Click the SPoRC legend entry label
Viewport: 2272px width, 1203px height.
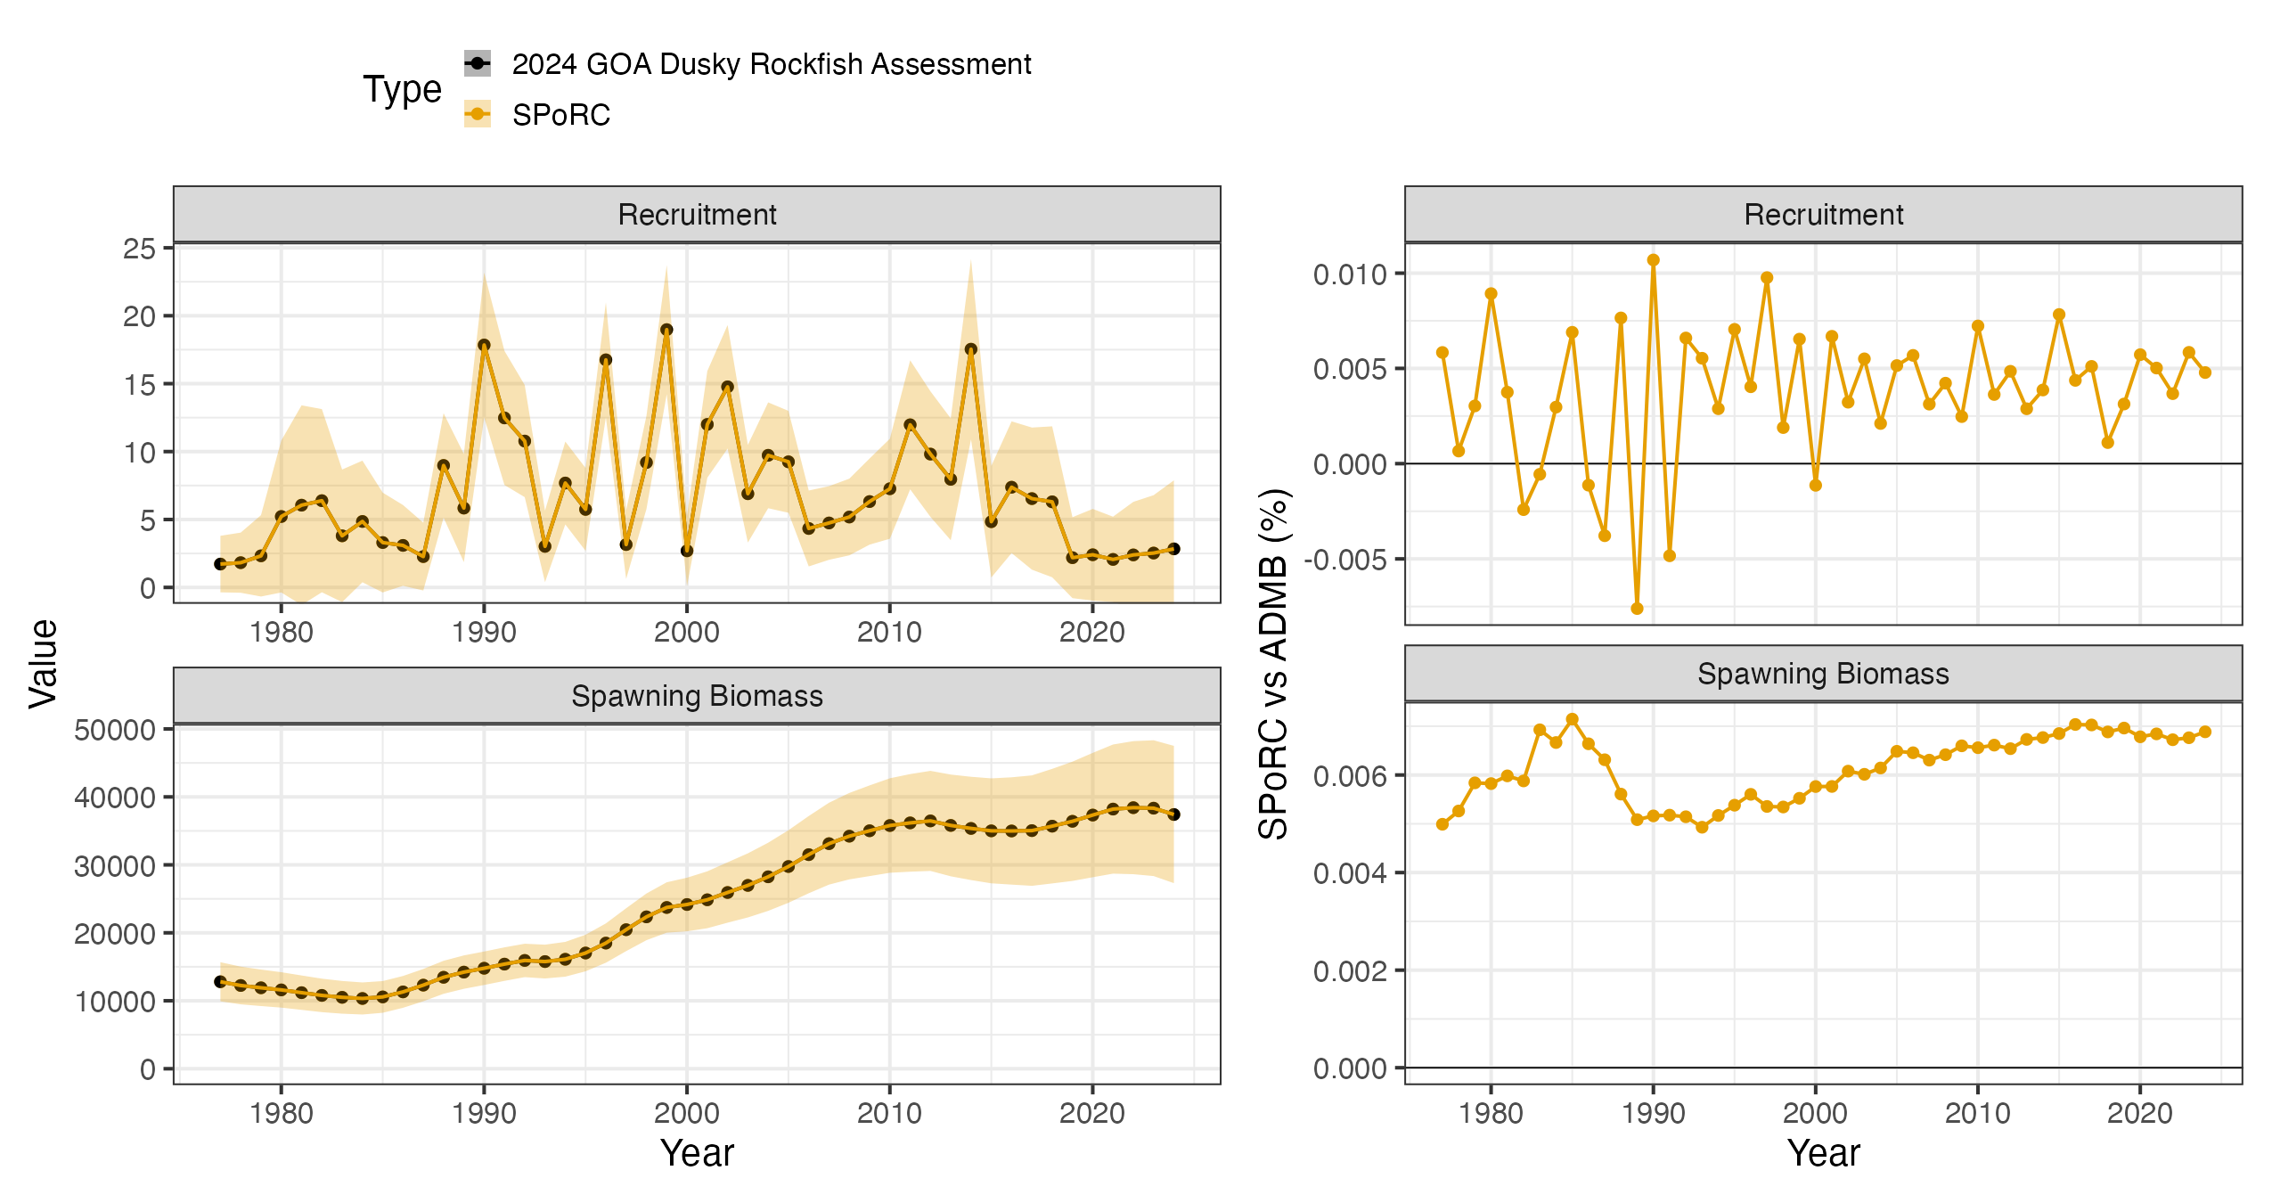pos(560,115)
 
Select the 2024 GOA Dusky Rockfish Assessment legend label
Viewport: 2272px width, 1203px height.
pos(772,64)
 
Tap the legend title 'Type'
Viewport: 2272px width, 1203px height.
pos(402,90)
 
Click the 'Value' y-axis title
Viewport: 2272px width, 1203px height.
pos(43,664)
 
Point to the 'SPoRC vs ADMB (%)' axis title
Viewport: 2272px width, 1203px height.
pos(1273,664)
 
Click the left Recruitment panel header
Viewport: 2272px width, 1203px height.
pos(697,215)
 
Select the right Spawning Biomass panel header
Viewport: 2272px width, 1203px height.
pos(1823,674)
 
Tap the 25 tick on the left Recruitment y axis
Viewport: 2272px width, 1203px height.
pos(139,249)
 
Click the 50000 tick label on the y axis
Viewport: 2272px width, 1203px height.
pos(115,730)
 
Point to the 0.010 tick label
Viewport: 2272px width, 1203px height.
pos(1350,274)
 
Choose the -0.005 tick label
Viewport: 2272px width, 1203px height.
pos(1345,560)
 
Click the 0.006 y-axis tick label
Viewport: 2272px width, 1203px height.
pos(1350,776)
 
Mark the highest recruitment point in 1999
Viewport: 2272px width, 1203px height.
pos(666,330)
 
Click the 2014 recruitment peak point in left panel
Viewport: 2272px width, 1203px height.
pos(971,349)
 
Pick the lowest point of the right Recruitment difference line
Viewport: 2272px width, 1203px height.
pos(1637,609)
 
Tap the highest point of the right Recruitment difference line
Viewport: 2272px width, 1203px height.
pos(1653,260)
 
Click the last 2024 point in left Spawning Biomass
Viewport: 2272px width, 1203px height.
pos(1173,814)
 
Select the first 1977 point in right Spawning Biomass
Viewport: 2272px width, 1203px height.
pos(1442,824)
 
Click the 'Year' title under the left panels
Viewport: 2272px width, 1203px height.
pos(697,1153)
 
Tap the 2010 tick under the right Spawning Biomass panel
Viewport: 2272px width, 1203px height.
pos(1977,1113)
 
